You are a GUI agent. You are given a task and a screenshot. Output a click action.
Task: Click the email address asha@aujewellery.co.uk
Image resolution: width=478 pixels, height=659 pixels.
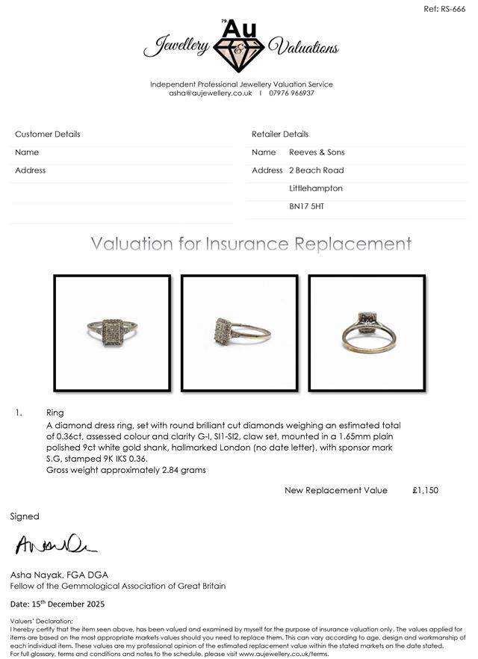pyautogui.click(x=211, y=93)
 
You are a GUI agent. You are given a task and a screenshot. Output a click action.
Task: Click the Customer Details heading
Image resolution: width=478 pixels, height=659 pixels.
pyautogui.click(x=48, y=134)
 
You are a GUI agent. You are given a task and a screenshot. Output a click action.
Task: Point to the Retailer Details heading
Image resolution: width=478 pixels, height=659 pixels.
pyautogui.click(x=280, y=134)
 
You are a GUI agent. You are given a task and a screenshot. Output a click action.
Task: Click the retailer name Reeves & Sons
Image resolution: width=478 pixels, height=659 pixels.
pyautogui.click(x=317, y=152)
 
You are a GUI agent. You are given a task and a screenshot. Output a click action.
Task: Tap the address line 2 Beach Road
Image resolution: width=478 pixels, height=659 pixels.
pyautogui.click(x=316, y=170)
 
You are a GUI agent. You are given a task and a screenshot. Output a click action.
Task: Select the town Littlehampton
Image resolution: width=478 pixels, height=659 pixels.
pyautogui.click(x=316, y=188)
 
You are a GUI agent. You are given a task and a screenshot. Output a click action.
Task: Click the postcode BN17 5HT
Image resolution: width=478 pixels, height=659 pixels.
pyautogui.click(x=307, y=206)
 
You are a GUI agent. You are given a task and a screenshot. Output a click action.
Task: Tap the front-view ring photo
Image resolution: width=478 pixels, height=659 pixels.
pyautogui.click(x=112, y=332)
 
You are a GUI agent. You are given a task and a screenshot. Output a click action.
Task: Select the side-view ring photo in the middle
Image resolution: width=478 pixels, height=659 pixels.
pyautogui.click(x=239, y=332)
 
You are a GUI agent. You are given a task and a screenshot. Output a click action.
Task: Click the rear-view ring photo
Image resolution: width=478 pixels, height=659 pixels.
pyautogui.click(x=367, y=332)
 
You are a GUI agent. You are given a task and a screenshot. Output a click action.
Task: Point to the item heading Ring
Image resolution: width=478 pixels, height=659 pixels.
pyautogui.click(x=55, y=412)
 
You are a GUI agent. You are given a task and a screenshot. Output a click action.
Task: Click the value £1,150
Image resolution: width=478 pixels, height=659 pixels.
pyautogui.click(x=425, y=490)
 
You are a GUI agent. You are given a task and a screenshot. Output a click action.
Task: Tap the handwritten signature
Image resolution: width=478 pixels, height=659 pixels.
pyautogui.click(x=55, y=545)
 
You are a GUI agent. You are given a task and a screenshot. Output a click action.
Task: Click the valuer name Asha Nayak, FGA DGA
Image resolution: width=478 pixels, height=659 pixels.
pyautogui.click(x=59, y=575)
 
